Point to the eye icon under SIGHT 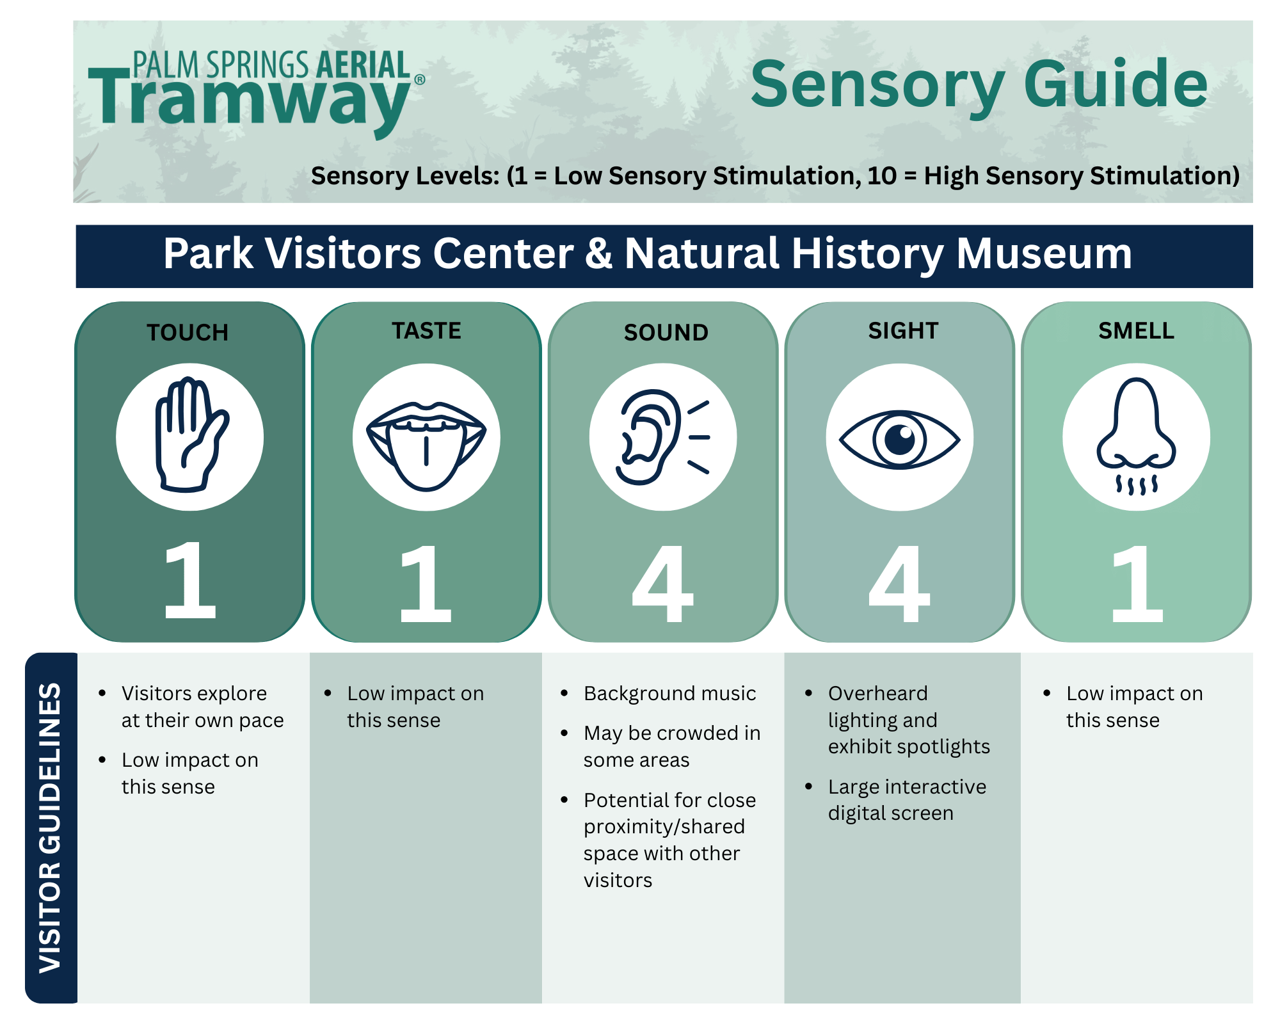click(899, 439)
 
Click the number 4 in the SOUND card click(662, 584)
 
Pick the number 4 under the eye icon click(899, 584)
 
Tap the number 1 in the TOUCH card click(189, 581)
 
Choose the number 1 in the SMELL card click(1137, 584)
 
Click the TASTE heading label click(426, 331)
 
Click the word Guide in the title click(1116, 84)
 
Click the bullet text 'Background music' click(669, 694)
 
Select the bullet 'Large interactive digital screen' click(906, 800)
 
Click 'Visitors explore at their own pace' click(202, 707)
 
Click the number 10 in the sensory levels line click(881, 176)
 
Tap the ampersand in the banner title click(598, 254)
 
